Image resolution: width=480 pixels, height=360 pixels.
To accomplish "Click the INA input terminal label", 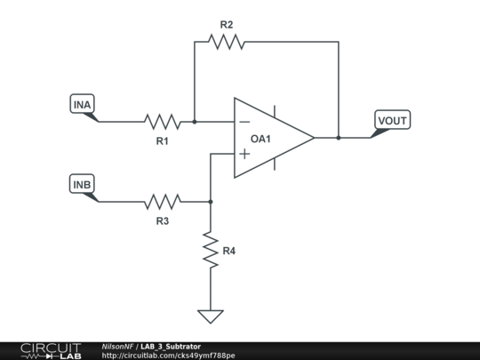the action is tap(82, 104).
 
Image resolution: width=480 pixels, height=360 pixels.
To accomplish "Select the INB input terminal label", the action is tap(82, 184).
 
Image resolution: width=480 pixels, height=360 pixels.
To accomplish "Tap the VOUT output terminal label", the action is tap(393, 120).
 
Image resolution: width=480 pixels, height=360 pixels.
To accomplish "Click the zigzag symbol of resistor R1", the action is tap(163, 122).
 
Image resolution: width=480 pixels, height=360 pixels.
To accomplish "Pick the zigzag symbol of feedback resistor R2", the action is tap(227, 42).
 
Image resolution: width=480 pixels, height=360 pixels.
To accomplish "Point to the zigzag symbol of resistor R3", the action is tap(163, 202).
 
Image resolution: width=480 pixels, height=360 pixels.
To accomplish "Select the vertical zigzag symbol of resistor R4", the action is tap(211, 250).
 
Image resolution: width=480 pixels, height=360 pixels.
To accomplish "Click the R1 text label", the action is tap(163, 141).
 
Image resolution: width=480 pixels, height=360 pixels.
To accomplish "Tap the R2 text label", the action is tap(227, 25).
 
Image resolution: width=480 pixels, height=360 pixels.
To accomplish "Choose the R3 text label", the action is tap(163, 221).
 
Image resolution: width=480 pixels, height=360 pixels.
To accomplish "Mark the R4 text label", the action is tap(229, 251).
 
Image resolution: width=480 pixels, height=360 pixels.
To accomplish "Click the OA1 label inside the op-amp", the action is tap(260, 139).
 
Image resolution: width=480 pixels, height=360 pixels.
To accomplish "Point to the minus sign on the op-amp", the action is tap(244, 122).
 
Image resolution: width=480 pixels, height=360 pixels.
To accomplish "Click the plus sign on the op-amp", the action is tap(244, 154).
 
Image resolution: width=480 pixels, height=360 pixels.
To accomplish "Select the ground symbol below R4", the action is tap(211, 316).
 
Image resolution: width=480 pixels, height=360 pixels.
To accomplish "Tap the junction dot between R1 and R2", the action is tap(195, 122).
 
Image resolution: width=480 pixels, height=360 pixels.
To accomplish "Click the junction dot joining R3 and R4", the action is tap(211, 202).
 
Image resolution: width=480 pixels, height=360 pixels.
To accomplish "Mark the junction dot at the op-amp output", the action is tap(339, 138).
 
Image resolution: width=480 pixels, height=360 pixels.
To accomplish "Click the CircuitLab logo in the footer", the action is tap(51, 351).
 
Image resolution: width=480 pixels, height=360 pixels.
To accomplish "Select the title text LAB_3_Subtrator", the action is tap(171, 347).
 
